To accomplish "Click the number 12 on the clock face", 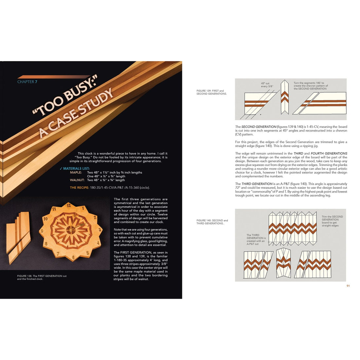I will click(68, 206).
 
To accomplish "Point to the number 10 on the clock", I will click(46, 219).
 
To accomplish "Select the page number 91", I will click(348, 286).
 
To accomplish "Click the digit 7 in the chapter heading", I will click(36, 82).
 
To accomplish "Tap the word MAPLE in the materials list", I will click(76, 172).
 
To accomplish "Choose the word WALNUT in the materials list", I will click(77, 180).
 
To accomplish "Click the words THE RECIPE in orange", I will click(79, 188).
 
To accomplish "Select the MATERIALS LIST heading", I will click(76, 169).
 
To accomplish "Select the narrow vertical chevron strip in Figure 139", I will click(284, 97).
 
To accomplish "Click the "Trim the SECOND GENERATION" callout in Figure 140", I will click(332, 221).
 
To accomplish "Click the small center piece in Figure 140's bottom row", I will click(283, 262).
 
